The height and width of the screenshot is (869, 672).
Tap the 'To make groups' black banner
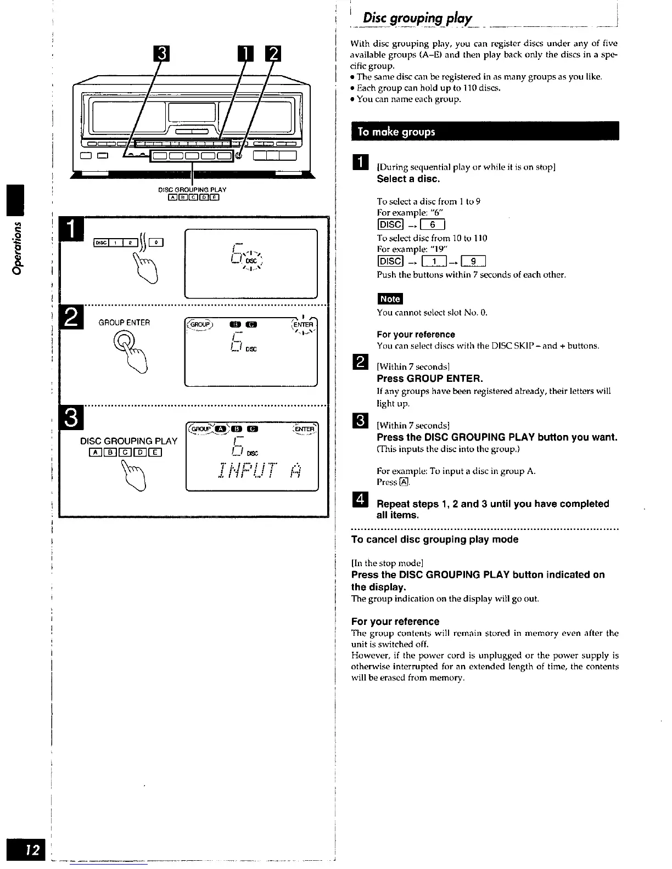coord(396,132)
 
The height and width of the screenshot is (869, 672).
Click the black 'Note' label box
coord(390,299)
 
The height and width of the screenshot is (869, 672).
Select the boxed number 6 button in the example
coord(433,224)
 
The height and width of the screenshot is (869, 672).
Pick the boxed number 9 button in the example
coord(473,261)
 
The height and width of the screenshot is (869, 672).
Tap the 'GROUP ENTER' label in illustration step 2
coord(124,323)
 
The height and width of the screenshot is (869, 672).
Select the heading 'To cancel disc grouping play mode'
coord(435,539)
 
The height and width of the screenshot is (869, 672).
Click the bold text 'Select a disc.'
coord(408,179)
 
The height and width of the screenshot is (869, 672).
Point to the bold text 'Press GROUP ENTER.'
coord(430,379)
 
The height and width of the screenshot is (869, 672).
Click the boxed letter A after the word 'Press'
coord(404,482)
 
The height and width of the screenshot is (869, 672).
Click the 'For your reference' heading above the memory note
coord(395,622)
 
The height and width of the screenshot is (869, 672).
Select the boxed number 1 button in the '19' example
coord(434,261)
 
